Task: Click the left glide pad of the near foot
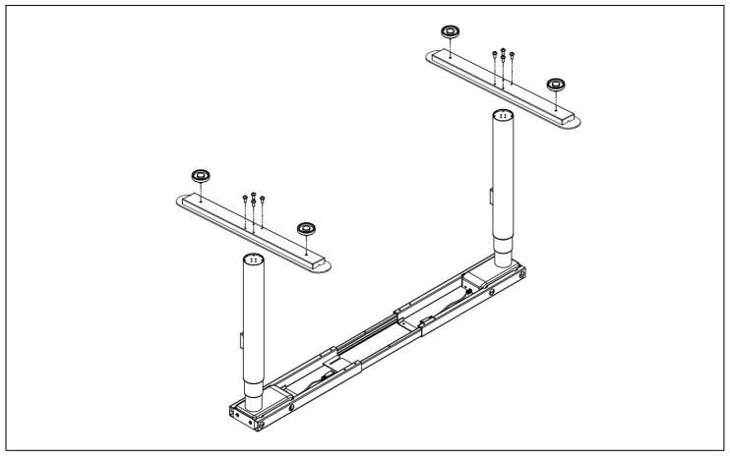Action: pyautogui.click(x=201, y=175)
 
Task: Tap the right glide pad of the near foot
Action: pyautogui.click(x=308, y=229)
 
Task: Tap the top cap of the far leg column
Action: pyautogui.click(x=504, y=115)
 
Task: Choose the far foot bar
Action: pyautogui.click(x=502, y=87)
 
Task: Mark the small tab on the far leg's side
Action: pyautogui.click(x=490, y=200)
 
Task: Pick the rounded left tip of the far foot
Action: pyautogui.click(x=434, y=59)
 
